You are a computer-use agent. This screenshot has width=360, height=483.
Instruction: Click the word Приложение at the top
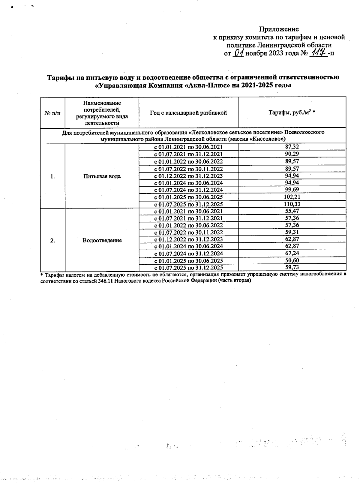(279, 29)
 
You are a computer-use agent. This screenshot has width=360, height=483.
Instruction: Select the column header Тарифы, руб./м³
(292, 113)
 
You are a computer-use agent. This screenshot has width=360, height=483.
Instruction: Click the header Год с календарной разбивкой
(188, 113)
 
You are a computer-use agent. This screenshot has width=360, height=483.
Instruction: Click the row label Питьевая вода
(102, 176)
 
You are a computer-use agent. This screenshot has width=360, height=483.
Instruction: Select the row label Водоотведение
(102, 240)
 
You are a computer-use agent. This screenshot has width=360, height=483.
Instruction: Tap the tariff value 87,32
(292, 147)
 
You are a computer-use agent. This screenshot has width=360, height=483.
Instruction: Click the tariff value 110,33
(292, 204)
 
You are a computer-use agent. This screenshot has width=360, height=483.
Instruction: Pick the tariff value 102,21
(292, 197)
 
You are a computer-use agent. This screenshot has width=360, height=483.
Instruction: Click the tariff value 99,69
(292, 190)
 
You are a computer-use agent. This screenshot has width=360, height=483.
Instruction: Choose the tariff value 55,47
(292, 211)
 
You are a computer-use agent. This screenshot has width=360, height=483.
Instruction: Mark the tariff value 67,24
(292, 253)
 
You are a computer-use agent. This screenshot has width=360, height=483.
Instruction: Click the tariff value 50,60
(292, 260)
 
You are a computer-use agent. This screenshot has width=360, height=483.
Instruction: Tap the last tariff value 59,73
(292, 267)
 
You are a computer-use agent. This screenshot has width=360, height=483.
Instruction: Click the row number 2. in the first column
(52, 240)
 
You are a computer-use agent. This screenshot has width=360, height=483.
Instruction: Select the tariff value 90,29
(292, 154)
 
